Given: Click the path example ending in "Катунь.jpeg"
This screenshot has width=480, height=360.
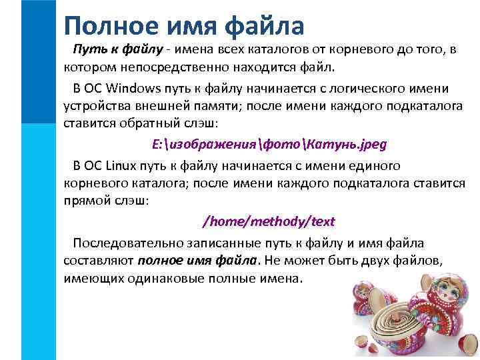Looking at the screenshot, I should coord(269,144).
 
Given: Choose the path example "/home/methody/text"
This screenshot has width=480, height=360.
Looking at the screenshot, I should coord(269,221).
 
